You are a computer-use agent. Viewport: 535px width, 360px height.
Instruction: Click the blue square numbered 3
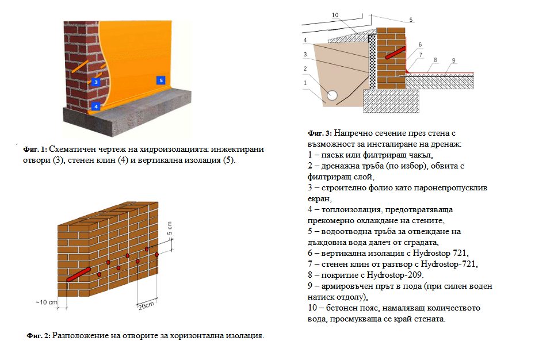pyautogui.click(x=96, y=82)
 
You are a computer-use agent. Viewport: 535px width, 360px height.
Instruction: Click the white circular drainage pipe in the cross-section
pyautogui.click(x=332, y=94)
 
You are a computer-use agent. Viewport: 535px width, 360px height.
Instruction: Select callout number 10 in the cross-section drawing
pyautogui.click(x=335, y=16)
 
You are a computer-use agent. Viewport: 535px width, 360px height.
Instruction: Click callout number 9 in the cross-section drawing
pyautogui.click(x=454, y=60)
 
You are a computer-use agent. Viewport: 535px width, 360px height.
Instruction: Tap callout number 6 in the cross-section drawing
pyautogui.click(x=421, y=44)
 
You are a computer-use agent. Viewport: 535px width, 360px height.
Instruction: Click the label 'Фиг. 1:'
pyautogui.click(x=35, y=149)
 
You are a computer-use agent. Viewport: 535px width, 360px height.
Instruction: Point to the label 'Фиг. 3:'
pyautogui.click(x=320, y=133)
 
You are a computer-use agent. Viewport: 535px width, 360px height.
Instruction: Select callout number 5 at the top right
pyautogui.click(x=411, y=20)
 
